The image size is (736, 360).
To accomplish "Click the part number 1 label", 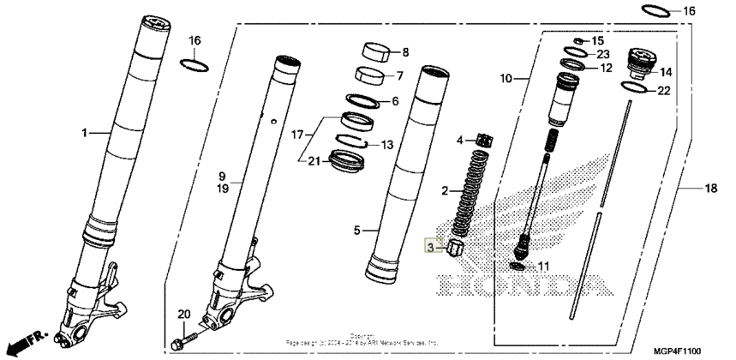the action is tap(85, 133).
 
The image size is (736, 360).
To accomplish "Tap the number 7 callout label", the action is tap(398, 75).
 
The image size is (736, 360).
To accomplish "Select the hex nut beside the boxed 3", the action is tap(456, 249).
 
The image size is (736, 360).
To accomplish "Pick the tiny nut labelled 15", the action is tap(579, 40).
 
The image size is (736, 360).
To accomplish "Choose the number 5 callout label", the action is tap(356, 231).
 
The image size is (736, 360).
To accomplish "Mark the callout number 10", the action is tap(506, 78).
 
